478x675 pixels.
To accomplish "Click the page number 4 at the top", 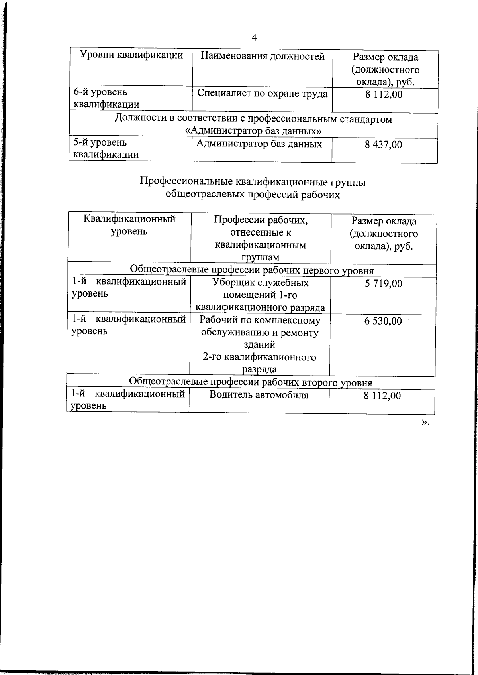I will coord(254,37).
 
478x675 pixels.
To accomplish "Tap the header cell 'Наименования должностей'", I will coord(263,56).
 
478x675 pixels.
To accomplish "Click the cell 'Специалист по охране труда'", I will coord(263,94).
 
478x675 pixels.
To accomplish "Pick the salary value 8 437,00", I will coord(384,144).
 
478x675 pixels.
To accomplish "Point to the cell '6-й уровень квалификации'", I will coord(107,98).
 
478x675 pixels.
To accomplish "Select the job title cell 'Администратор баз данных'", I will coord(259,144).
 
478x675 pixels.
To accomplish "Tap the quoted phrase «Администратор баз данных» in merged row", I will coord(254,131).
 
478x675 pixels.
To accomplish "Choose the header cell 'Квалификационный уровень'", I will coord(129,225).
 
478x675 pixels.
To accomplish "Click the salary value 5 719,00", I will coord(384,284).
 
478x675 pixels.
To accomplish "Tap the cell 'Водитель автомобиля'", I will coord(259,395).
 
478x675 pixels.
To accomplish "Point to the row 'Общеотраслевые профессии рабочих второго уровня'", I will coord(251,383).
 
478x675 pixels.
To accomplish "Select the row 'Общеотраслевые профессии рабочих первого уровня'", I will coord(252,271).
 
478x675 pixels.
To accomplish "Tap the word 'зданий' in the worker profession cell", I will coord(259,344).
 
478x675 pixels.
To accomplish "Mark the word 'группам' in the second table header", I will coord(260,258).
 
